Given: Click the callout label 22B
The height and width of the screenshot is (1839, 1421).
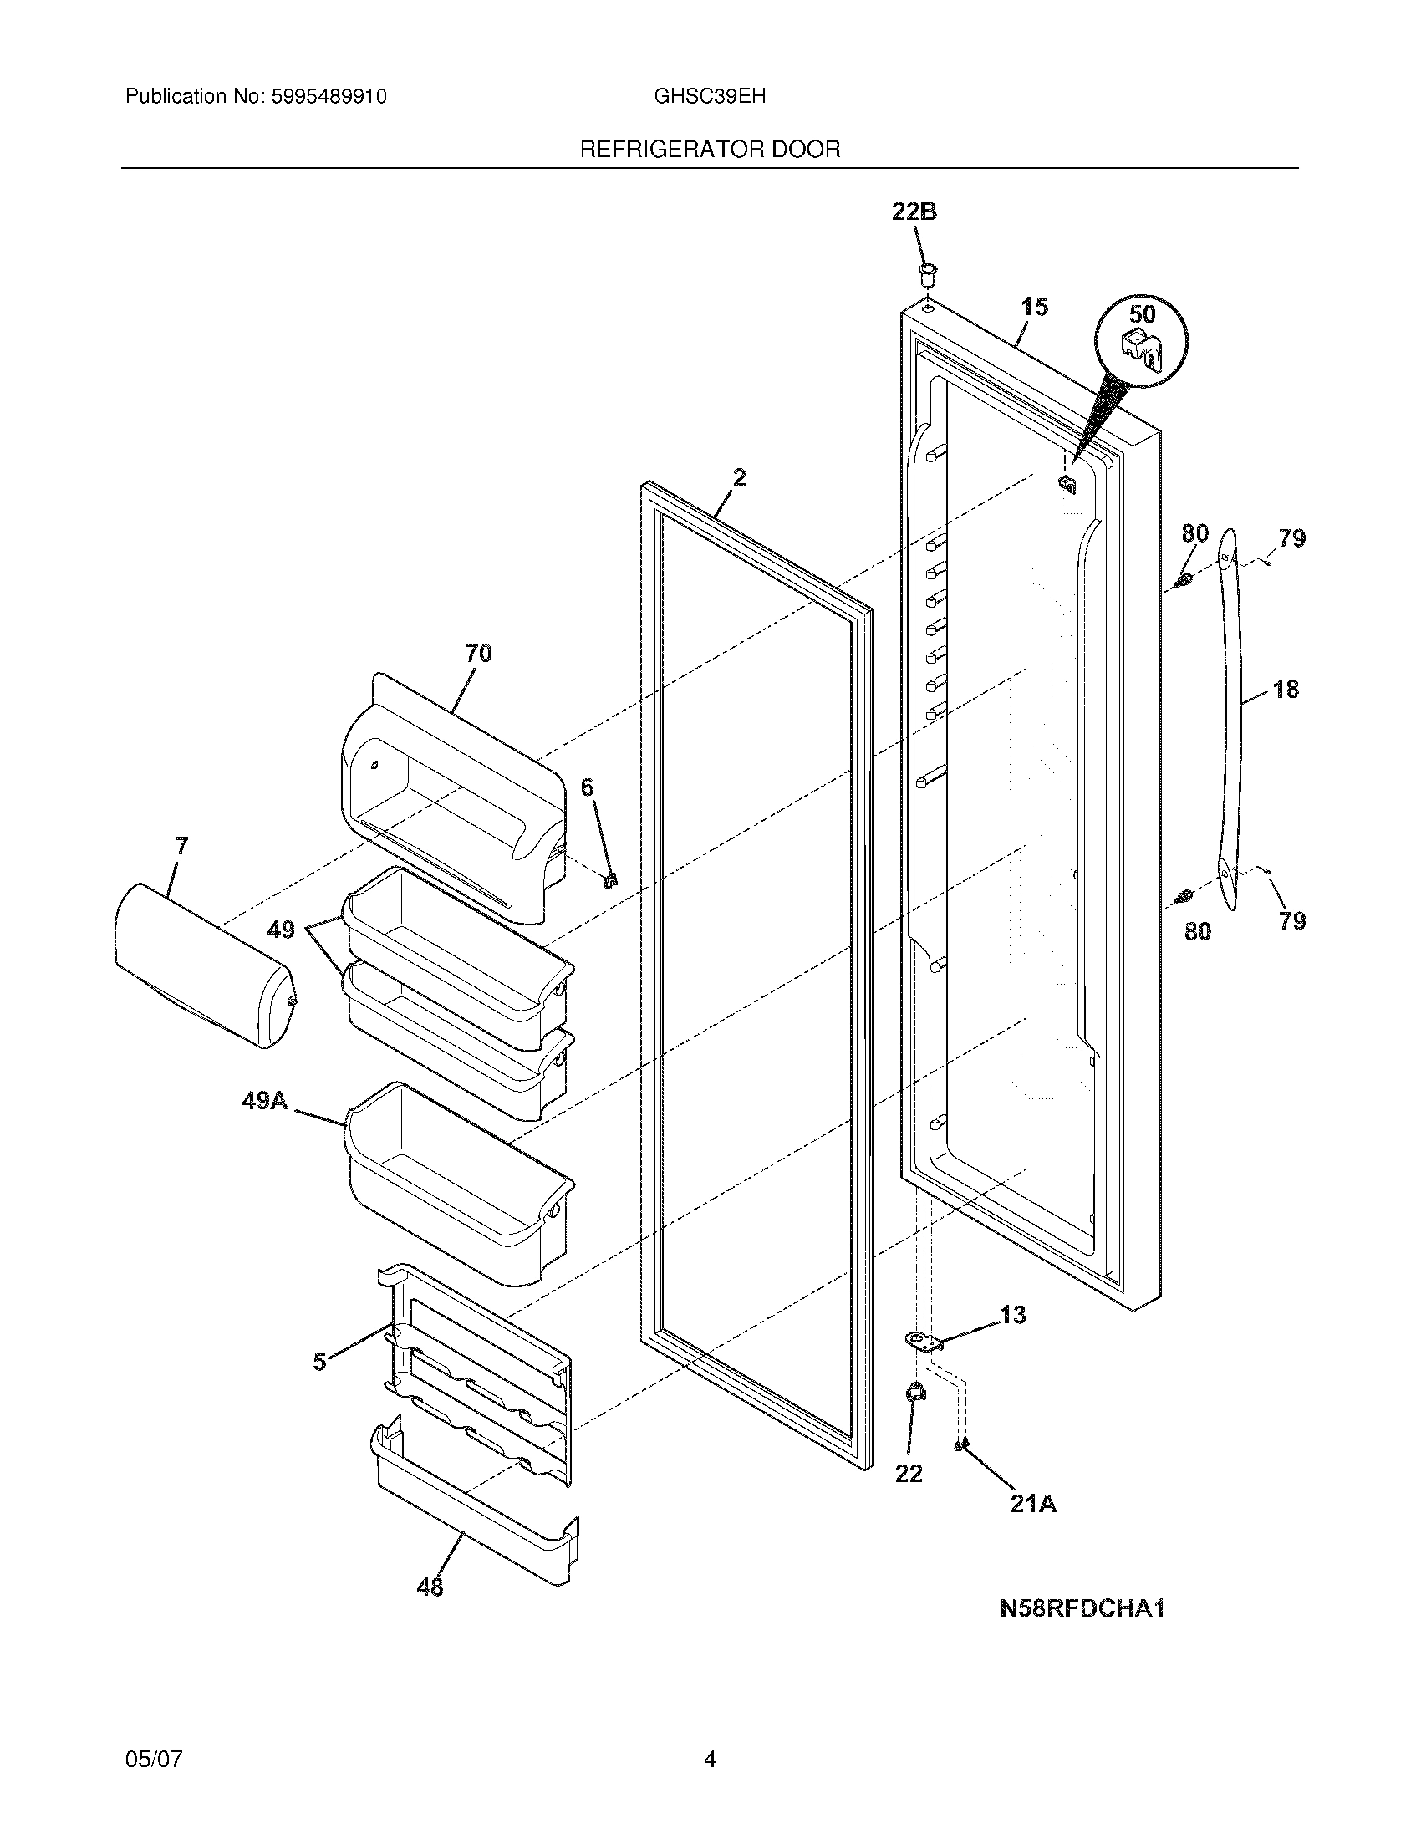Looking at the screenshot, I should (914, 212).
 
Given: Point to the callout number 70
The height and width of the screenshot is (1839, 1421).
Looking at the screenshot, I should (478, 653).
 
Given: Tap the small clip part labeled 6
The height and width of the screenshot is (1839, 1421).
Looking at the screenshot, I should (612, 880).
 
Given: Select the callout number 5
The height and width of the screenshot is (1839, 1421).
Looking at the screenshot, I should (319, 1362).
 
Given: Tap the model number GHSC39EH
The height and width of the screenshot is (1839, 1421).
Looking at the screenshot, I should (709, 96).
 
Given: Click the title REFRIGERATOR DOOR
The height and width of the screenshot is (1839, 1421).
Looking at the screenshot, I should (710, 150).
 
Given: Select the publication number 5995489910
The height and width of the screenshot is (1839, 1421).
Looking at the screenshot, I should (329, 97).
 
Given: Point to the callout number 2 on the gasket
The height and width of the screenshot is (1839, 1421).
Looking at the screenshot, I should (738, 478).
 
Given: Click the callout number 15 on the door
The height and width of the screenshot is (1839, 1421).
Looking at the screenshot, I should (1035, 308).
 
